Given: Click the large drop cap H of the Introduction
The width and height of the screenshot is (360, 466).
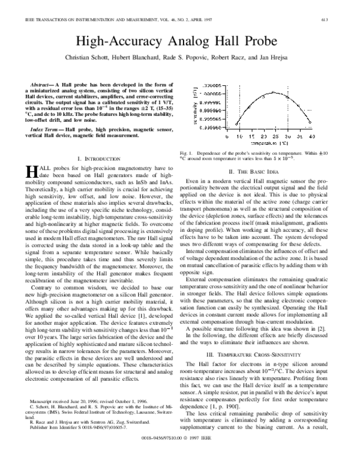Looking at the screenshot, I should coord(34,171).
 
